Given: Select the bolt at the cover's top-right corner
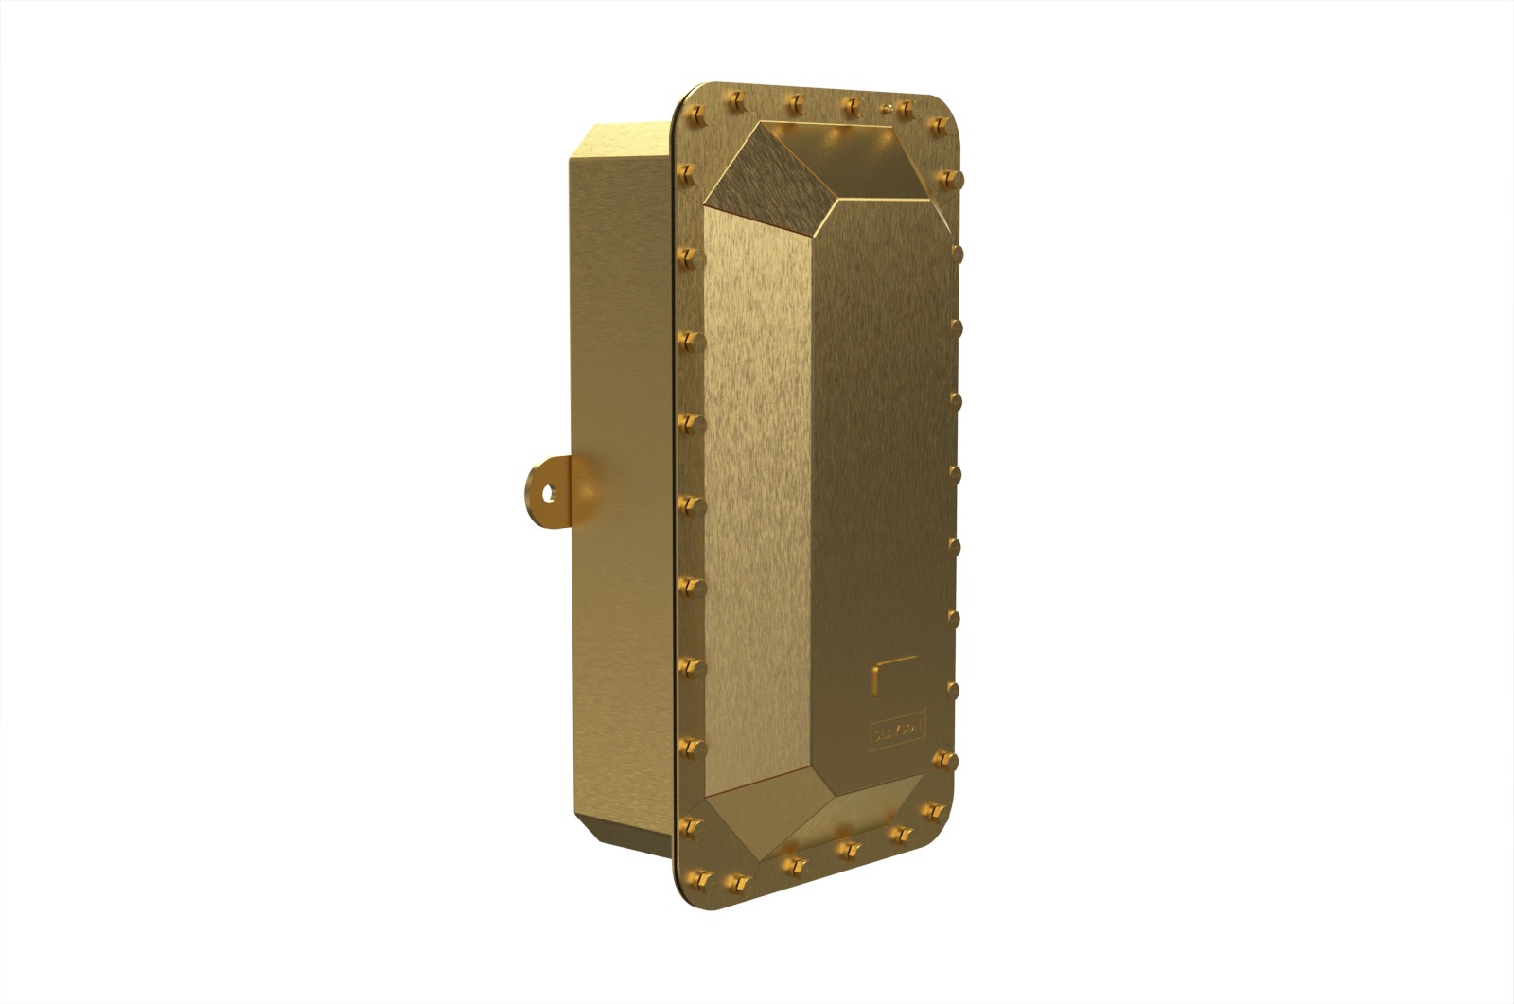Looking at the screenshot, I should [x=940, y=124].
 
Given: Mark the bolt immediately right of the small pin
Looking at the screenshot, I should [x=907, y=110].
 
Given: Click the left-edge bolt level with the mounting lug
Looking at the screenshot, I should [x=689, y=501].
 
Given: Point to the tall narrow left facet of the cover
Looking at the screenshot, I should [x=757, y=492].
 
